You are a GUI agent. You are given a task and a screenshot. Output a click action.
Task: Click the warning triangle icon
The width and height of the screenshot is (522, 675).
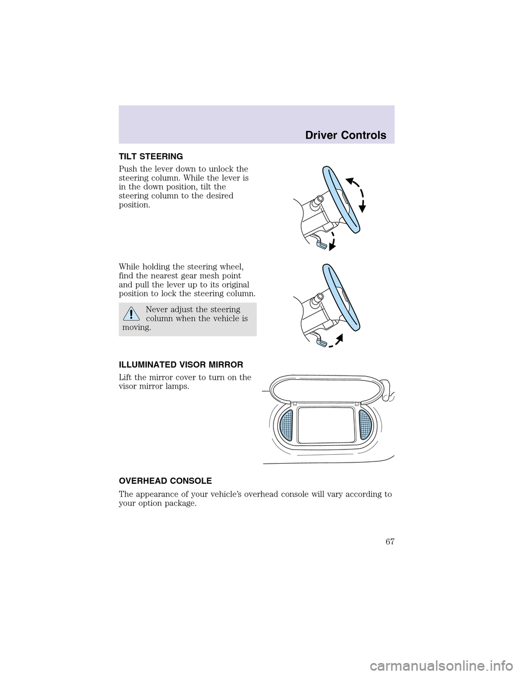[129, 314]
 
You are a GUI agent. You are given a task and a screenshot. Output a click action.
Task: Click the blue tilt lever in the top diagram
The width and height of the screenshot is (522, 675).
[321, 246]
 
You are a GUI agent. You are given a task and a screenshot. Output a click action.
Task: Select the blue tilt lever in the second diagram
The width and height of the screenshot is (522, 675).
[321, 342]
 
